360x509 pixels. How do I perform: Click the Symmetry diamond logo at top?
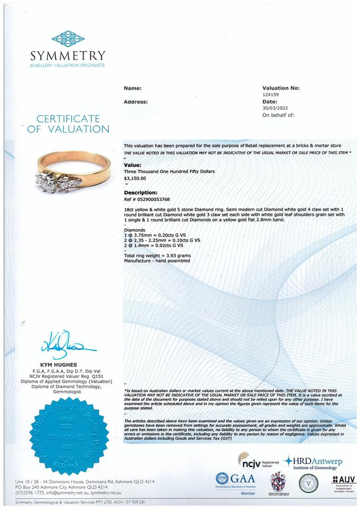click(x=68, y=39)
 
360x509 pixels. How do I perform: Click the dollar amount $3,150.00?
click(x=135, y=179)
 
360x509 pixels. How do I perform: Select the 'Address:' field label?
click(x=135, y=101)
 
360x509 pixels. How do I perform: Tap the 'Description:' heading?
click(x=141, y=192)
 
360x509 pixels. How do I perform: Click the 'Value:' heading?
click(x=133, y=165)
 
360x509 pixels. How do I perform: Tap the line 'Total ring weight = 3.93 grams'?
click(x=157, y=256)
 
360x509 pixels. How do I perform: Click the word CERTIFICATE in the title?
click(x=68, y=118)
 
